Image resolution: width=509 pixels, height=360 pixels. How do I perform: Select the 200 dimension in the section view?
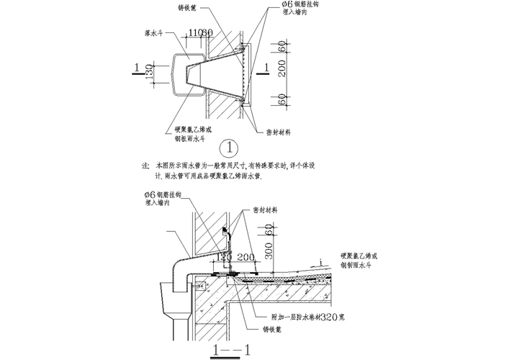(x=246, y=256)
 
